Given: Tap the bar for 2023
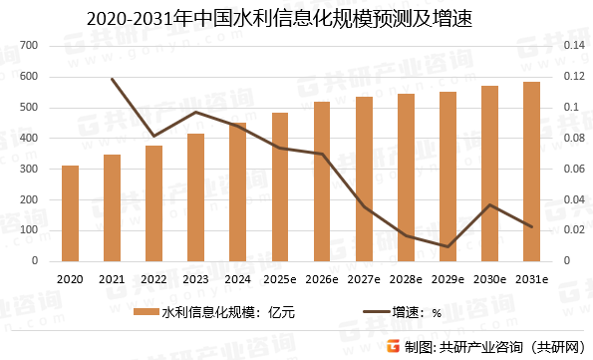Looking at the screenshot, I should tap(195, 197).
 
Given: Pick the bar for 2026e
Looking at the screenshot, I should tap(322, 181).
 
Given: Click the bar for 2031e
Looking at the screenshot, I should tap(531, 172).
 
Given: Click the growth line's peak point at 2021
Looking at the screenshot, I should tap(112, 79).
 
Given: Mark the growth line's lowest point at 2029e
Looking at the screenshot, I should tap(447, 246).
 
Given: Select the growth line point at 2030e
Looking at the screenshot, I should tap(489, 204).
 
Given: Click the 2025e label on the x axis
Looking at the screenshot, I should tap(279, 279).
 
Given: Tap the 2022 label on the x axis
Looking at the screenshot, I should tap(153, 279).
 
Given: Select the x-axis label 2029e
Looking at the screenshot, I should tap(447, 279).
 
